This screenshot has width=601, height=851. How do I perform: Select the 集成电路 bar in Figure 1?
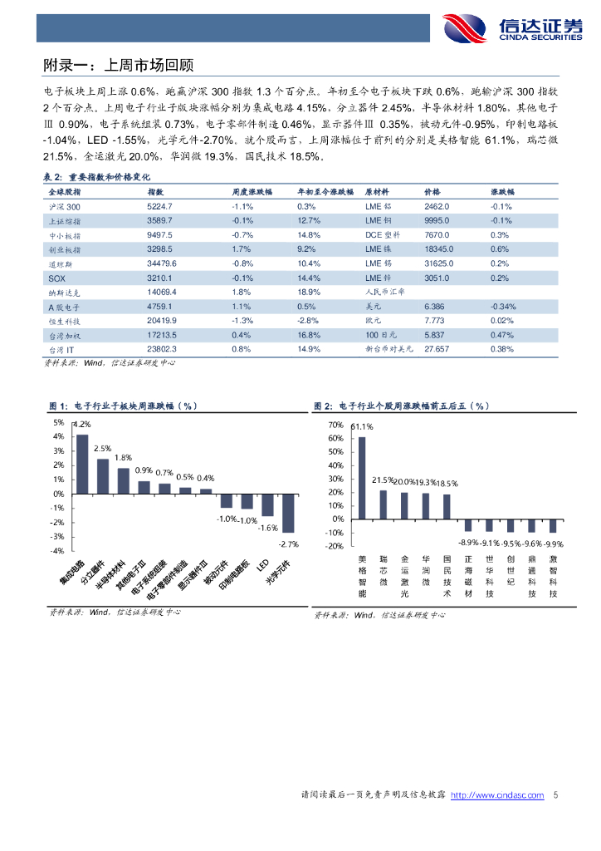[x=82, y=465]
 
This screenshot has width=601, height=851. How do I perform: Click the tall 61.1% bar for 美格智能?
[x=361, y=478]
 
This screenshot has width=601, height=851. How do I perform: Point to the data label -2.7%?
[x=288, y=544]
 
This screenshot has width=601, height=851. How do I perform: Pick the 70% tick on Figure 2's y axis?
[x=336, y=425]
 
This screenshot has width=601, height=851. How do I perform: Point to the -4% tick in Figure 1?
[x=58, y=551]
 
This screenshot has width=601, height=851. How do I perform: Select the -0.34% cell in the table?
[x=503, y=307]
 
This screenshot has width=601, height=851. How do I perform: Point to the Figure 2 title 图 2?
[x=323, y=406]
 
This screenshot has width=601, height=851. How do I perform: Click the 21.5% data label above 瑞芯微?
[x=383, y=480]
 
